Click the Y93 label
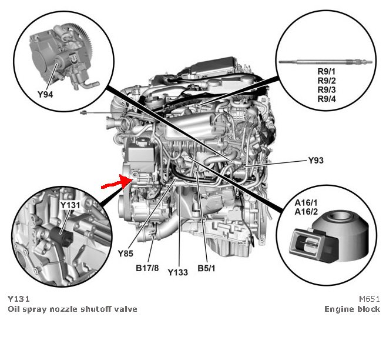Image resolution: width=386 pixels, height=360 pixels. pyautogui.click(x=316, y=160)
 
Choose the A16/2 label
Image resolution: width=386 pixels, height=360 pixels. pyautogui.click(x=305, y=212)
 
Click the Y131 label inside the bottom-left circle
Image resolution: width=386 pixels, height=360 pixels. pyautogui.click(x=70, y=205)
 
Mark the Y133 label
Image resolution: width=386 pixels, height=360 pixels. pyautogui.click(x=177, y=272)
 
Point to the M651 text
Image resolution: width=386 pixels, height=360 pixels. pyautogui.click(x=370, y=299)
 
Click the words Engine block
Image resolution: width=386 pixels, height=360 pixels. pyautogui.click(x=352, y=309)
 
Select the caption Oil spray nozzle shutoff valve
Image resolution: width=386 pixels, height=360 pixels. pyautogui.click(x=72, y=309)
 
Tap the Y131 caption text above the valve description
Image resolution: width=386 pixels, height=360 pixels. pyautogui.click(x=19, y=299)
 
